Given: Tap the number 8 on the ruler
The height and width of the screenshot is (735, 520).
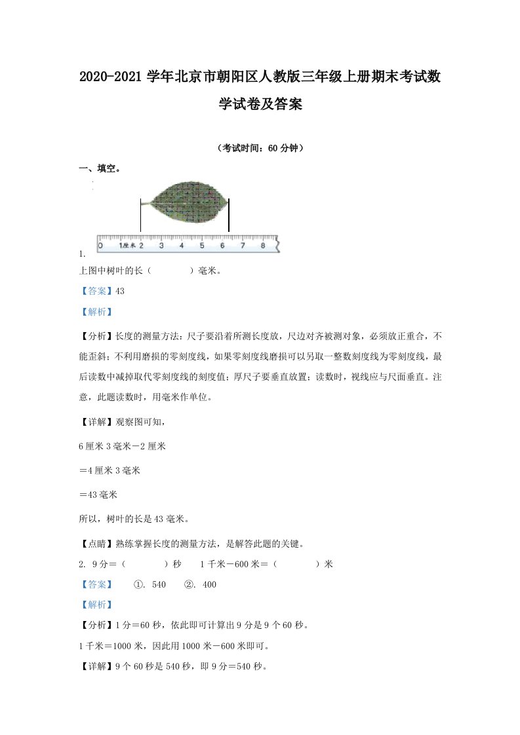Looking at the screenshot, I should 263,246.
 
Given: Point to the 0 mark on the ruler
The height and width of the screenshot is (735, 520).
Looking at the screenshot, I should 100,246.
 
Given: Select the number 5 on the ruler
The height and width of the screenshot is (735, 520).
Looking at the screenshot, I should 201,246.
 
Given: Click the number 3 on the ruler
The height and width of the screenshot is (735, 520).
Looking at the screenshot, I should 161,246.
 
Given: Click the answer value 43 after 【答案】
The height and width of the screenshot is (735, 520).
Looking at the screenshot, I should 119,292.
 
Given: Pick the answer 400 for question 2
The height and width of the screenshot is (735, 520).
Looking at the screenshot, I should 208,585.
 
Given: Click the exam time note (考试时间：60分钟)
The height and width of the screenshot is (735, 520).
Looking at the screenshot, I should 259,148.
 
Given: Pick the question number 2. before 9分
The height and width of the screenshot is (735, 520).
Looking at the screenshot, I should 82,564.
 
